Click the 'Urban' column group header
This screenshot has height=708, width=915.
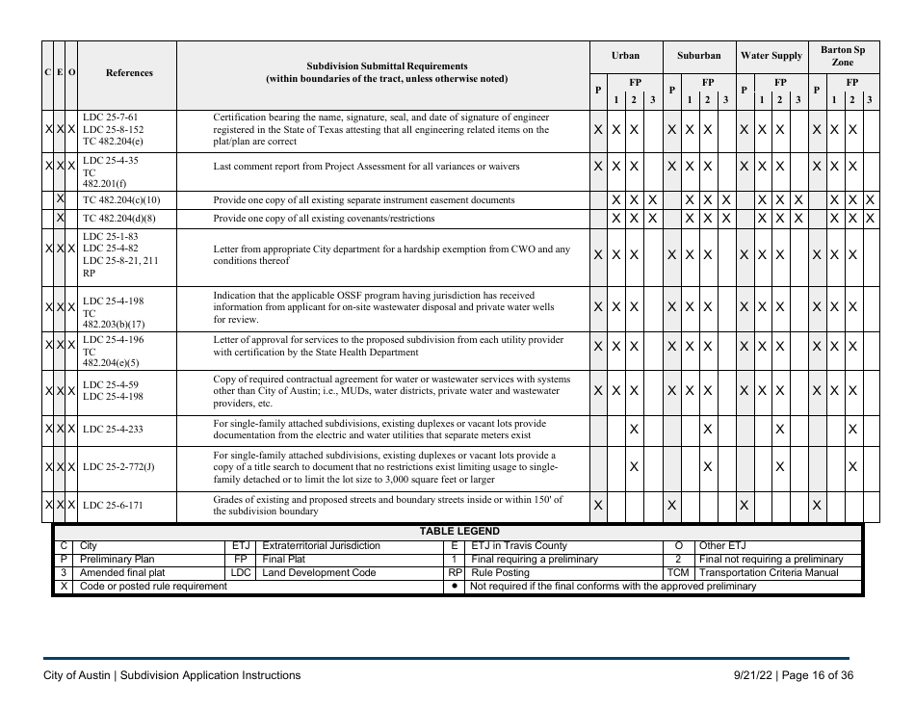click(626, 56)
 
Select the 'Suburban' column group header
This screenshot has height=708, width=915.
click(698, 56)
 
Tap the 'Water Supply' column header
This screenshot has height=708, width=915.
click(771, 56)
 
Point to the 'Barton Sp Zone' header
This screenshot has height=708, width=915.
click(843, 55)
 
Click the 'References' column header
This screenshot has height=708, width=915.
click(128, 72)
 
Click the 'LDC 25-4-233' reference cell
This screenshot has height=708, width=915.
click(115, 429)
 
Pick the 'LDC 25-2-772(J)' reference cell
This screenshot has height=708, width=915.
click(118, 467)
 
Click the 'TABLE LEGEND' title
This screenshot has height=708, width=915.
click(458, 531)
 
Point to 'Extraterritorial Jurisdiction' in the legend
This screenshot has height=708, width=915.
click(321, 546)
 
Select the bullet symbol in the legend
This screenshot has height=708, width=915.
click(454, 586)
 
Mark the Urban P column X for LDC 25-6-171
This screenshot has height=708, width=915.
click(598, 506)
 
